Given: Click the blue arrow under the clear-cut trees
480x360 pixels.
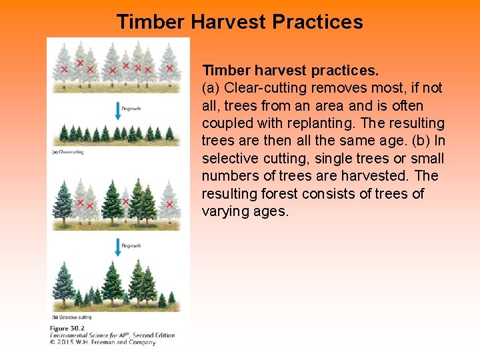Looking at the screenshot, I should [x=118, y=110].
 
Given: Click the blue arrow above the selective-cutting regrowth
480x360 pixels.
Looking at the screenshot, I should [x=118, y=247].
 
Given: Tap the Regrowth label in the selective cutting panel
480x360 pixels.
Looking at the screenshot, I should [x=131, y=246].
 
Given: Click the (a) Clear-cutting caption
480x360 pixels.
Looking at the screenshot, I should [x=68, y=153].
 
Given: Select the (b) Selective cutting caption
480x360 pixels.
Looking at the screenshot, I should [x=73, y=317].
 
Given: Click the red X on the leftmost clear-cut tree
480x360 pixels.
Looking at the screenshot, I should [x=64, y=69].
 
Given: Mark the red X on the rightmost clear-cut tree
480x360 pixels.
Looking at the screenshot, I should [x=169, y=68].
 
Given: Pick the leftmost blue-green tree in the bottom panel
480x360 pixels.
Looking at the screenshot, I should [x=63, y=283].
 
